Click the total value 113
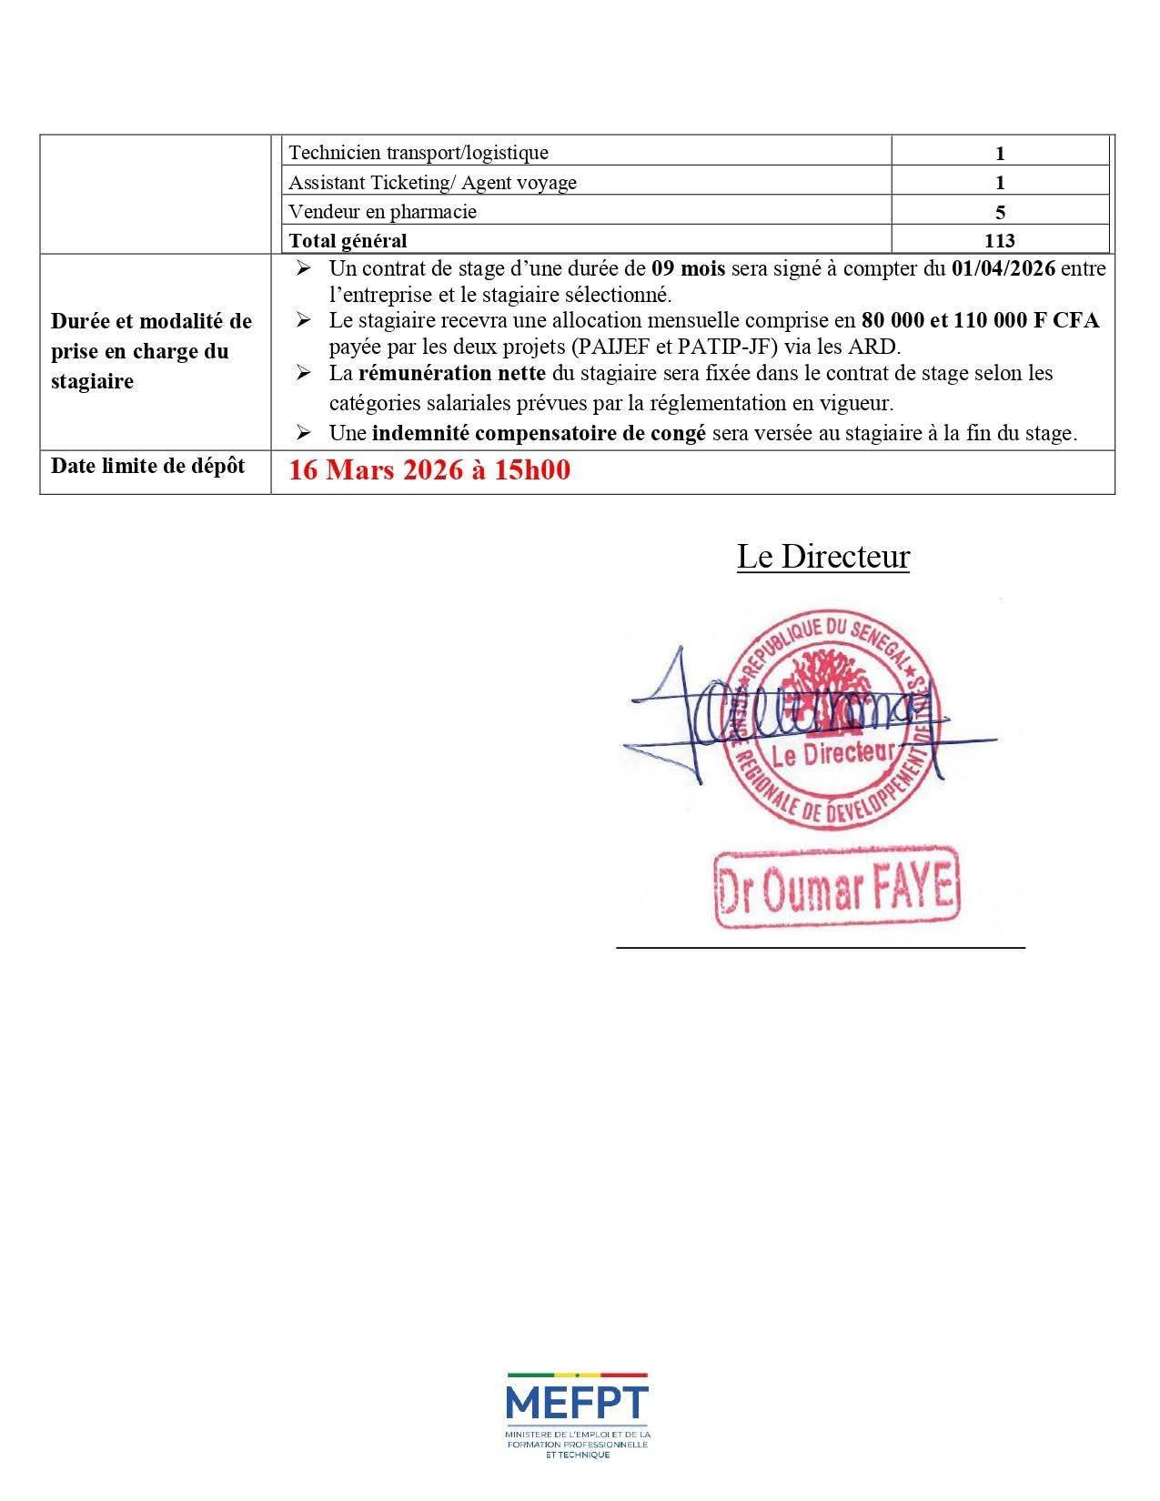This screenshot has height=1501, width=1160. [999, 241]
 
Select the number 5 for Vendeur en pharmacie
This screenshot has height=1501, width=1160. [1000, 212]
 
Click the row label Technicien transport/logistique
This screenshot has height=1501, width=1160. [419, 153]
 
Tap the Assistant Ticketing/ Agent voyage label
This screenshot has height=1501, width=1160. [432, 183]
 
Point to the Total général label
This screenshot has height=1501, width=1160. [348, 241]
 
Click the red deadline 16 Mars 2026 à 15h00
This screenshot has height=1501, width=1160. [429, 470]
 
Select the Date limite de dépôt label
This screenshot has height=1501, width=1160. [147, 466]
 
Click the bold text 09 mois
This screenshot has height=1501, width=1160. [689, 268]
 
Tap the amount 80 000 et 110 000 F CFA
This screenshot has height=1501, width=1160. [980, 320]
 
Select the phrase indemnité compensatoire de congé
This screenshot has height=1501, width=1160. [539, 433]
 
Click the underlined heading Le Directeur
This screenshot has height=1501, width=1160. [822, 557]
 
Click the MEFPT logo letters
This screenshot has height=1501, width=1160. [578, 1402]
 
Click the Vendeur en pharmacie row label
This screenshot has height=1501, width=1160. [382, 212]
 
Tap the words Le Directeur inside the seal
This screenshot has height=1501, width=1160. [832, 754]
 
